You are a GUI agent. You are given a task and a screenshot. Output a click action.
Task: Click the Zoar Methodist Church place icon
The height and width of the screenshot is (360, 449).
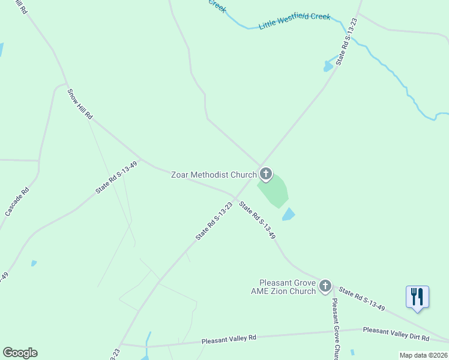[x=265, y=175]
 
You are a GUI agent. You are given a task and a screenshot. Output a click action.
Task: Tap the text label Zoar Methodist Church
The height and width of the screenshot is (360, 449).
[x=214, y=175]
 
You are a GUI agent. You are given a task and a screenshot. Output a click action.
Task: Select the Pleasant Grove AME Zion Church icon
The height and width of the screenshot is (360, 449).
[x=325, y=286]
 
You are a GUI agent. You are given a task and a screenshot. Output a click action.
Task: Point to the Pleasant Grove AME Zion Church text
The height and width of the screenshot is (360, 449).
[x=287, y=287]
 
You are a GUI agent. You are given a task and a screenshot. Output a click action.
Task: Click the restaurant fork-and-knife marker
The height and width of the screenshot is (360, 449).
[x=417, y=297]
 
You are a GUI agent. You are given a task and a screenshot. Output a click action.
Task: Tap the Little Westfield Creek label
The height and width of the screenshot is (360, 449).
[x=294, y=22]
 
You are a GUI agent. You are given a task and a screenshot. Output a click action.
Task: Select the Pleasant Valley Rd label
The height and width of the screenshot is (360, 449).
[x=229, y=338]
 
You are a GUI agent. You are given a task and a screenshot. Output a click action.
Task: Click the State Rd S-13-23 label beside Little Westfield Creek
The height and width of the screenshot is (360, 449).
[x=347, y=41]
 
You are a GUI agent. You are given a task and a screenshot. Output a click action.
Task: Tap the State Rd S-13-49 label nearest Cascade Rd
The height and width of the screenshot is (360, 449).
[x=116, y=178]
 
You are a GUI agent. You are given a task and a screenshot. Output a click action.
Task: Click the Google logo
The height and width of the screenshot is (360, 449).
[x=20, y=353]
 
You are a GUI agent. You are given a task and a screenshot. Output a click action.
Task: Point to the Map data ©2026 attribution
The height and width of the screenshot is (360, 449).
[x=423, y=355]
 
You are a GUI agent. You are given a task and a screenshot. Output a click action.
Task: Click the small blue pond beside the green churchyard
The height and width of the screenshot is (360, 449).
[x=289, y=214]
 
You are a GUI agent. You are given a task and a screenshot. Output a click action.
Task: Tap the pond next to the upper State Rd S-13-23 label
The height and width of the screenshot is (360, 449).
[x=328, y=65]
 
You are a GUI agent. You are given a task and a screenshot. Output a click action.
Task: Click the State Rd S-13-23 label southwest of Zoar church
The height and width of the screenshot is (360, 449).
[x=214, y=221]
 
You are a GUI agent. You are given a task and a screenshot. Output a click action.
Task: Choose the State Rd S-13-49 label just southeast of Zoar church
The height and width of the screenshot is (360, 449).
[x=257, y=220]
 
